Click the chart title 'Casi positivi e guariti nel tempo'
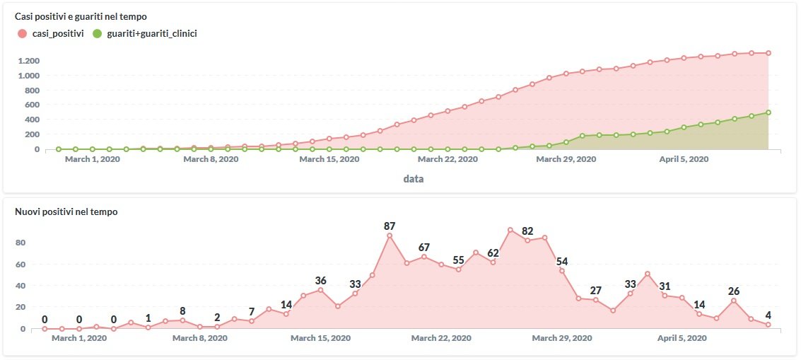click(x=81, y=16)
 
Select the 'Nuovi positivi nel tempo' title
click(x=66, y=211)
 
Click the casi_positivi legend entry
click(x=52, y=33)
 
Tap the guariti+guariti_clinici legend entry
click(x=146, y=33)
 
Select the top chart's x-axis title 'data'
click(x=414, y=179)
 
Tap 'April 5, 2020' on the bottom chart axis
click(x=682, y=338)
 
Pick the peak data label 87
click(x=390, y=226)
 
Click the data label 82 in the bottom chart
click(x=527, y=231)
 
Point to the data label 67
click(x=424, y=248)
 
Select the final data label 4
click(x=768, y=315)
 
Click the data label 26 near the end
click(x=734, y=291)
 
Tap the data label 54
click(x=562, y=262)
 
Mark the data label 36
click(x=320, y=281)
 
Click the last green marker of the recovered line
click(x=768, y=112)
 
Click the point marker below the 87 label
click(x=390, y=236)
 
